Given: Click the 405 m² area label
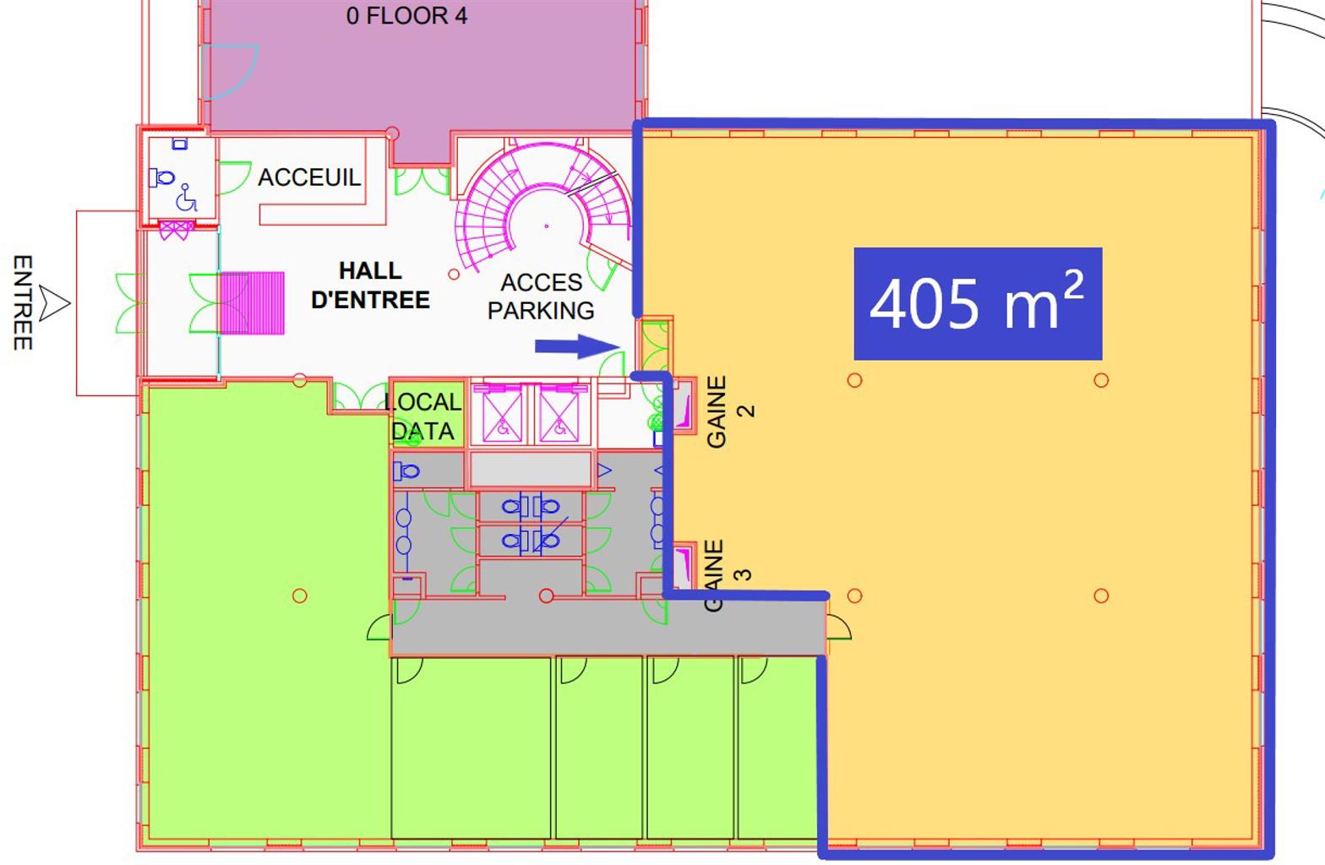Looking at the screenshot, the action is click(x=978, y=303).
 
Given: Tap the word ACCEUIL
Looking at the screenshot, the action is click(x=308, y=177).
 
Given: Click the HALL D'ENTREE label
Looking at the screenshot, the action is click(x=370, y=285).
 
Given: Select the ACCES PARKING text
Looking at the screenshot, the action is click(x=541, y=296).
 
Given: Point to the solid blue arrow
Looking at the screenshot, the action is click(x=577, y=346).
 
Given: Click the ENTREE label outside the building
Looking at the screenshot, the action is click(x=23, y=302).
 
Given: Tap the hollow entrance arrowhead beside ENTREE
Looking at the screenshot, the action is click(x=54, y=303).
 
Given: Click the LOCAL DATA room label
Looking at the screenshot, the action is click(x=423, y=416).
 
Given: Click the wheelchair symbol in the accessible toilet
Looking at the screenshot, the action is click(x=186, y=198).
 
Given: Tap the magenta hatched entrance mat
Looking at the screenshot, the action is click(x=253, y=302).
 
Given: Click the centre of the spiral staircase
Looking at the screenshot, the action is click(x=546, y=226).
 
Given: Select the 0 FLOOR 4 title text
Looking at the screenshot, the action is click(x=406, y=16).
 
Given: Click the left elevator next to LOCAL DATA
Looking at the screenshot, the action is click(x=502, y=414).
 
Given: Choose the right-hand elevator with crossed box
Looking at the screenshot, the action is click(x=559, y=414).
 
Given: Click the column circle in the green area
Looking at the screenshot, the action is click(x=300, y=596).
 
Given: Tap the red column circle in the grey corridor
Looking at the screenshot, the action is click(x=547, y=596).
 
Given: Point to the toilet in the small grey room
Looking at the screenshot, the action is click(x=406, y=471).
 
